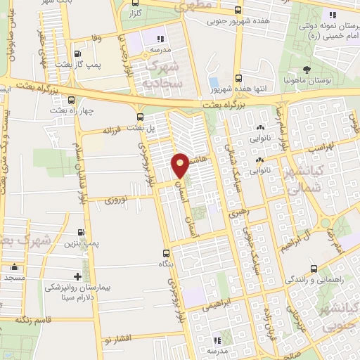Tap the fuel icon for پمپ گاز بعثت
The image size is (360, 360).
[77, 53]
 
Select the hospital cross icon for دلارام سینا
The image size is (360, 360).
[86, 275]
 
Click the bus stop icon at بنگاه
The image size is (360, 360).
[166, 253]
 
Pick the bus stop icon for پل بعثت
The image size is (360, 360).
[141, 117]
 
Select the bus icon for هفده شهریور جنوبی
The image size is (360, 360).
[238, 10]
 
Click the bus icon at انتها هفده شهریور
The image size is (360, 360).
[238, 77]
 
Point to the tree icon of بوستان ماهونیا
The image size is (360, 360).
[307, 69]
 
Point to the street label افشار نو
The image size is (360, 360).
[116, 339]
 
